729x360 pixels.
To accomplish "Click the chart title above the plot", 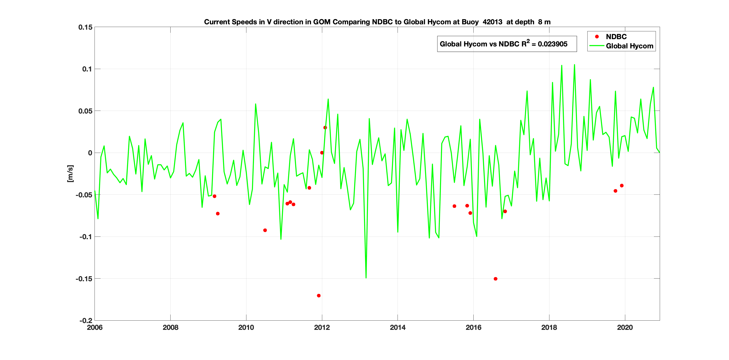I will (377, 22).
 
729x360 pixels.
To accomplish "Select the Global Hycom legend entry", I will (629, 46).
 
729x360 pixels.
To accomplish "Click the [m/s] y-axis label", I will (70, 173).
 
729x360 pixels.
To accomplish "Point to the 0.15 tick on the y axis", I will (85, 27).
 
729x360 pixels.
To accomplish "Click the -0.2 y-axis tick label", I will (86, 320).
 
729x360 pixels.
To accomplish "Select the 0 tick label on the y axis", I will (90, 153).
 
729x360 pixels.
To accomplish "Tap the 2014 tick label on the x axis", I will (397, 327).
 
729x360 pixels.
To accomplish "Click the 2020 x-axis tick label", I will (625, 327).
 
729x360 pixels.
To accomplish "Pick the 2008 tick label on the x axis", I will (170, 327).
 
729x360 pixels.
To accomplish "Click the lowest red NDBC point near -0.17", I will (319, 296).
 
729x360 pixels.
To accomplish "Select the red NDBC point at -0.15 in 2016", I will (495, 279).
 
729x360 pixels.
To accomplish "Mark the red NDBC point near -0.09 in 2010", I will (265, 230).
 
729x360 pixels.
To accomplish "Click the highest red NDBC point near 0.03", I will (325, 128).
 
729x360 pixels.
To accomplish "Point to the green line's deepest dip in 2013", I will (366, 278).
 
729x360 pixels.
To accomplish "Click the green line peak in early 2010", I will (256, 104).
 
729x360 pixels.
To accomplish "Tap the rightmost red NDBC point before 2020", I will (621, 186).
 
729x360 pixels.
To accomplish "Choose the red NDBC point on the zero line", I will (322, 153).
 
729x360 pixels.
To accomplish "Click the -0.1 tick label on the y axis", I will (86, 237).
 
